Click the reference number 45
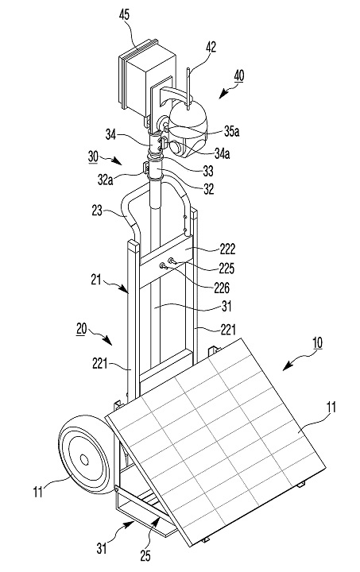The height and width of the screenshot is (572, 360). (x=124, y=15)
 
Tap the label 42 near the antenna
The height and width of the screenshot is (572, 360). (x=211, y=48)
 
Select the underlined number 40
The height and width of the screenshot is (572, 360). (x=238, y=76)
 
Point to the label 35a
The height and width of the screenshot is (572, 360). (x=231, y=131)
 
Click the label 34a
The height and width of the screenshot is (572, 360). (x=223, y=153)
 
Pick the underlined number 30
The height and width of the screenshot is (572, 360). (x=93, y=157)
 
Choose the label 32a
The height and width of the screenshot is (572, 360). (x=105, y=180)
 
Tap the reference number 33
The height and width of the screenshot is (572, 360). (x=208, y=170)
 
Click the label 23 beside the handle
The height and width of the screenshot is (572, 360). (x=97, y=211)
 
